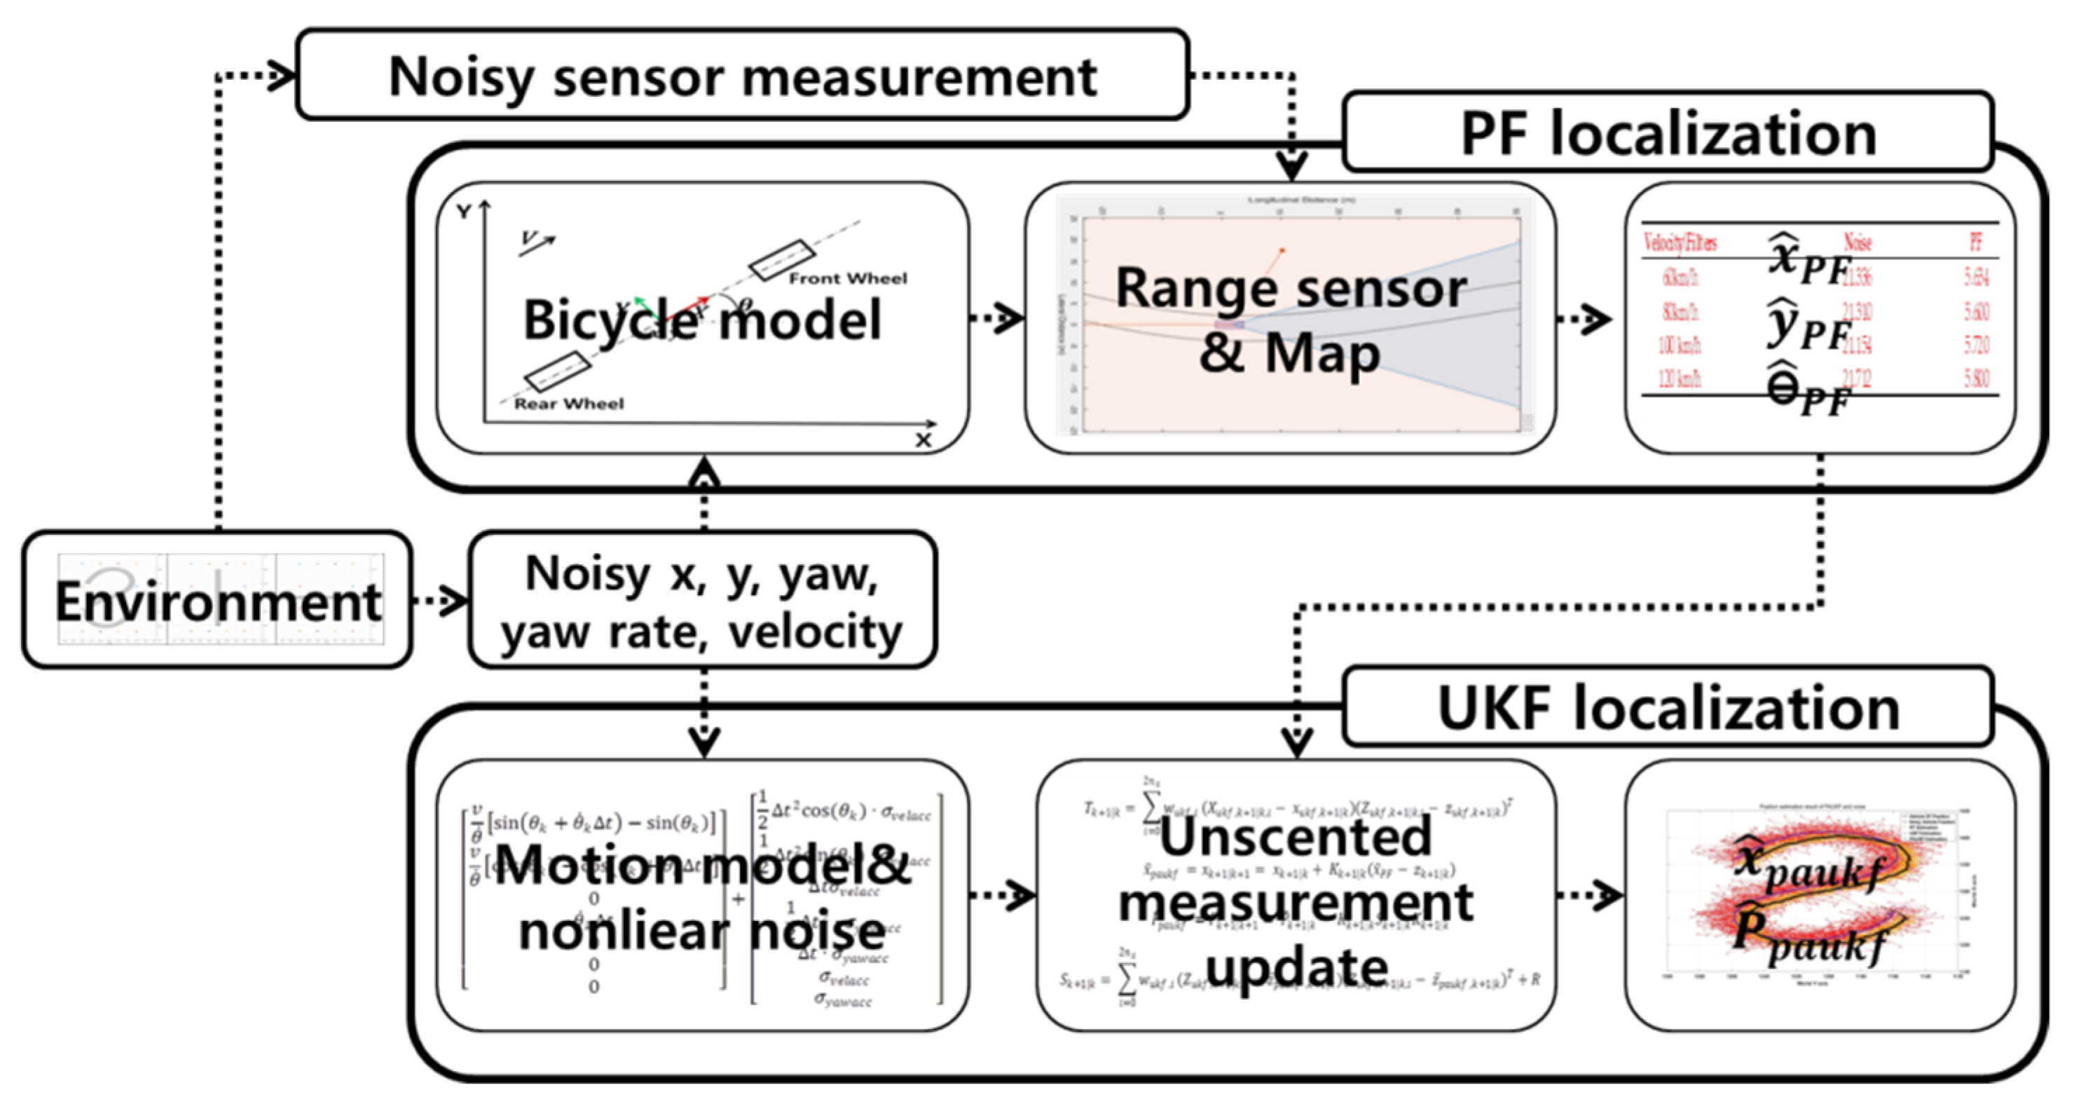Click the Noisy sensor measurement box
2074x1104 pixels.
coord(741,76)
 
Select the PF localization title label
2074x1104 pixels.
coord(1668,134)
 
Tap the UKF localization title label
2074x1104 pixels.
coord(1668,709)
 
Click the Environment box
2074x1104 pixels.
coord(217,601)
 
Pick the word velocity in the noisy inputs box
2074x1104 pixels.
coord(815,632)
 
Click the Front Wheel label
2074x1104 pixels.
coord(847,278)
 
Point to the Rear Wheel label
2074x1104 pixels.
coord(568,404)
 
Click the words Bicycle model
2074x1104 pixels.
coord(701,320)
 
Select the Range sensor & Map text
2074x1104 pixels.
coord(1290,320)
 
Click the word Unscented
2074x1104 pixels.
coord(1296,838)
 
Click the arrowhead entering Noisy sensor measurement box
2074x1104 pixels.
coord(282,75)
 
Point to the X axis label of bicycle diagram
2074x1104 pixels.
coord(923,440)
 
